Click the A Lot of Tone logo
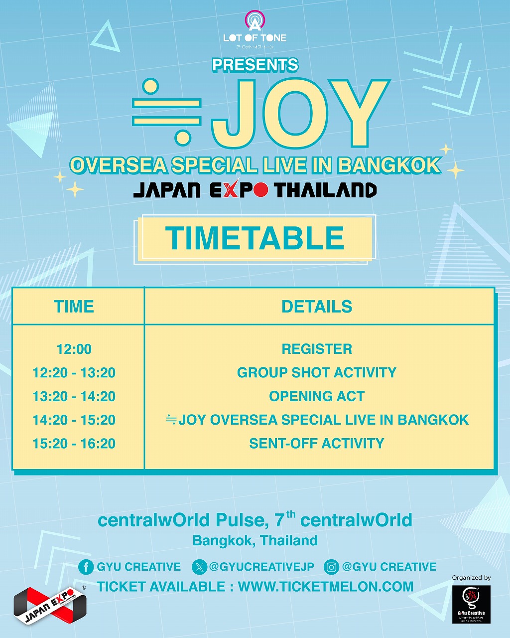[255, 29]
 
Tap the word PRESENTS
[255, 65]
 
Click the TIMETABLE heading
[255, 238]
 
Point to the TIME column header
[74, 306]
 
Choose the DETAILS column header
[317, 306]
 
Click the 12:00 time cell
[74, 349]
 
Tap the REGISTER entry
[317, 349]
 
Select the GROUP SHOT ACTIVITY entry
[317, 373]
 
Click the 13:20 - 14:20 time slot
[74, 396]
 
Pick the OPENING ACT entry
[317, 396]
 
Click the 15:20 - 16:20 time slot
[74, 444]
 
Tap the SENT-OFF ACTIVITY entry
[317, 444]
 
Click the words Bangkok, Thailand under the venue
[255, 540]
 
